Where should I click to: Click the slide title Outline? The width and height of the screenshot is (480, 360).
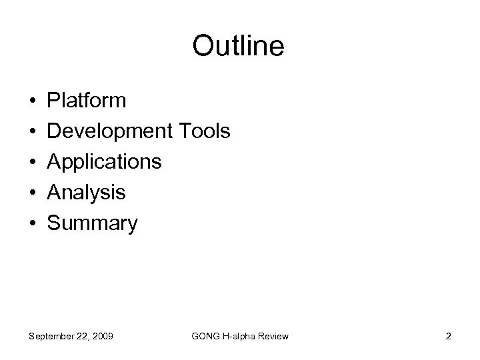pos(239,47)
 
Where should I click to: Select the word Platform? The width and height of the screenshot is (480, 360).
pos(87,101)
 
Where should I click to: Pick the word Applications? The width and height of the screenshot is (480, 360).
pos(104,162)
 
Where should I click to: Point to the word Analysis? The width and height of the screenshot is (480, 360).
pos(87,193)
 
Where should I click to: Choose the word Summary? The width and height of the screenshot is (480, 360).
pos(93,223)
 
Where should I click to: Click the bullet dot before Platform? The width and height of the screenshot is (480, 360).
pos(33,101)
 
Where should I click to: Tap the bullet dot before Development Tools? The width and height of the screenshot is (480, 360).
pos(33,132)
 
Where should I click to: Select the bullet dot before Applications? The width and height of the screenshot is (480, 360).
pos(33,163)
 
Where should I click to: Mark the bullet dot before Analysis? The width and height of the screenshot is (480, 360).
pos(33,193)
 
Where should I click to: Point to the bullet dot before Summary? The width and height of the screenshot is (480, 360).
pos(33,224)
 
